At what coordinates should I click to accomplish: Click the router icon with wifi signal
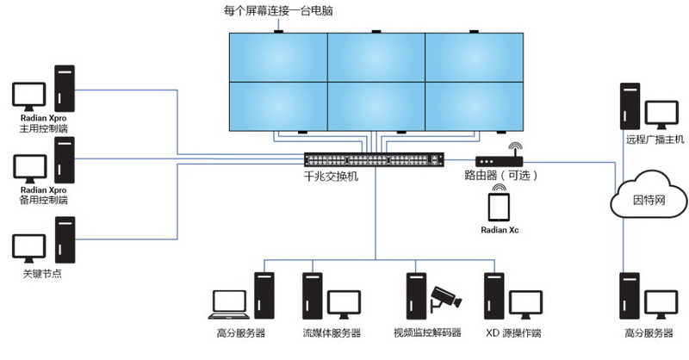pos(497,159)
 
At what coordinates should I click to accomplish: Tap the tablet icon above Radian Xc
pos(500,208)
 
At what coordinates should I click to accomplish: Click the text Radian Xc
pos(500,230)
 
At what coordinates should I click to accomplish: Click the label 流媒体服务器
pos(332,333)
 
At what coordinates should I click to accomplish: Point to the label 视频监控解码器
pos(427,333)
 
